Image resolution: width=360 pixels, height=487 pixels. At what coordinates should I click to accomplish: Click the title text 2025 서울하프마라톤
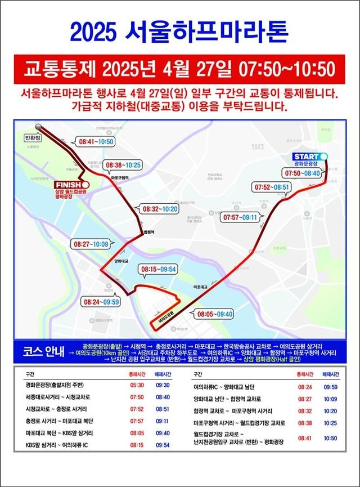click(179, 31)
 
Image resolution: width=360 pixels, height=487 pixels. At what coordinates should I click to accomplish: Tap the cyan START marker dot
click(323, 156)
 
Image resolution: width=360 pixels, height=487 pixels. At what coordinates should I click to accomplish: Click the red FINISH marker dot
click(84, 184)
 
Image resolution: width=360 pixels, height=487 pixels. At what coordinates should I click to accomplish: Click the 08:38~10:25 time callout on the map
click(123, 166)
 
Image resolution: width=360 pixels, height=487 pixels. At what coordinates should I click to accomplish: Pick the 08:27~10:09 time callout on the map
click(91, 244)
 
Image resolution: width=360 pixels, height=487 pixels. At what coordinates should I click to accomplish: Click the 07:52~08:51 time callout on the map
click(272, 187)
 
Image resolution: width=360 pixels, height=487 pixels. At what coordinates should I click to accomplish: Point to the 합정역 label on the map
click(149, 231)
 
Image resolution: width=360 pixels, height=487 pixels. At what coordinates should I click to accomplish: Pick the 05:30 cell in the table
click(137, 386)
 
